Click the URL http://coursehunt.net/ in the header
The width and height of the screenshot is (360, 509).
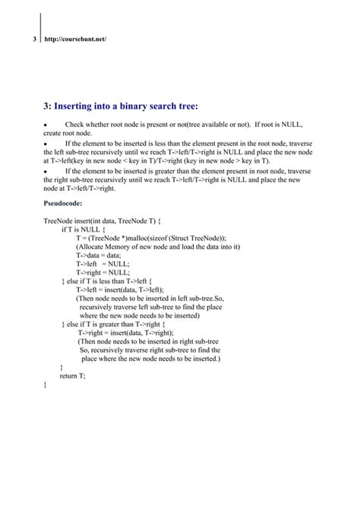75,38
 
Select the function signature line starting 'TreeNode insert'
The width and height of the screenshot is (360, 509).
103,220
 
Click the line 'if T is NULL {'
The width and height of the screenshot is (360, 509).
83,229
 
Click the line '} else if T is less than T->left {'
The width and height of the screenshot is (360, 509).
106,282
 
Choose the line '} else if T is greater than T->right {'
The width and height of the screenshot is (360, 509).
113,324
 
